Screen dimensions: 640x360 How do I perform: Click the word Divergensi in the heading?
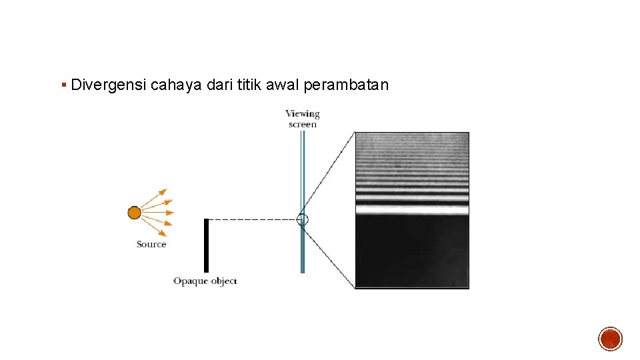108,85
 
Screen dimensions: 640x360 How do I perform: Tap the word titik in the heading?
247,85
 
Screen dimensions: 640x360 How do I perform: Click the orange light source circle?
134,213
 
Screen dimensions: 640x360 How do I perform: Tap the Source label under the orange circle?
151,245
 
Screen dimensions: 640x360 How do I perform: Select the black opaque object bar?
206,245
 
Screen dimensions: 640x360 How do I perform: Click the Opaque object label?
205,281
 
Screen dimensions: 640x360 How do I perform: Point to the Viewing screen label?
303,119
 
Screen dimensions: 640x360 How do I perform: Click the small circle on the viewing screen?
303,219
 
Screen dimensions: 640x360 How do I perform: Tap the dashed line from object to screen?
253,219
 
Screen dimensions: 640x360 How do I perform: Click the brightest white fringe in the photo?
411,209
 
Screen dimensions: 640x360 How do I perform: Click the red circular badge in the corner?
610,339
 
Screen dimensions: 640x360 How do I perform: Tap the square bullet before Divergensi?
63,85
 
